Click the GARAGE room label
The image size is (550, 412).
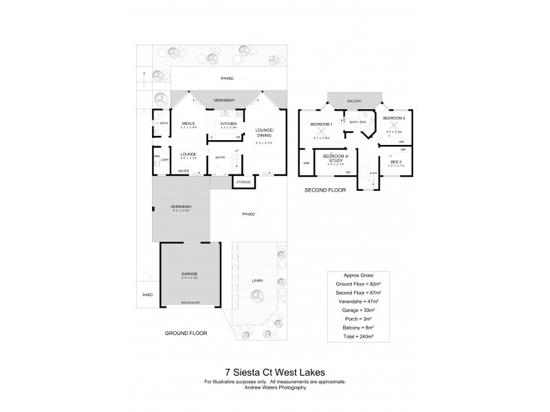tap(189, 273)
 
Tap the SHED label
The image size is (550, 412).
tap(146, 294)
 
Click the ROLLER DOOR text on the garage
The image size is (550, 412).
tap(189, 302)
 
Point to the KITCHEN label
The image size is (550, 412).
tap(228, 124)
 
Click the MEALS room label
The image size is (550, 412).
tap(188, 124)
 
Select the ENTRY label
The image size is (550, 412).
tap(221, 157)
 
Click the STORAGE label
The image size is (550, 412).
tap(243, 182)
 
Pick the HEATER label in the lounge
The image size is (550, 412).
tap(184, 172)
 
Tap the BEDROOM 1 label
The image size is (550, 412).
tap(321, 124)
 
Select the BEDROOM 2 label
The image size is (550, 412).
tap(393, 118)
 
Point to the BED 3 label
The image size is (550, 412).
tap(395, 161)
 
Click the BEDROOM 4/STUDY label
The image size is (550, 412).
tap(335, 159)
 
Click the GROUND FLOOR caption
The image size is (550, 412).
tap(186, 332)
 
